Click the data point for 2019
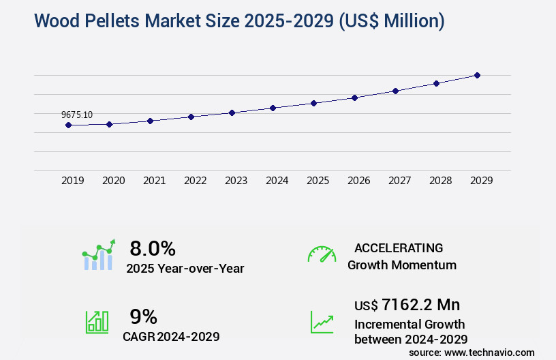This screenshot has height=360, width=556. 68,125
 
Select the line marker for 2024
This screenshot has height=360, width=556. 273,108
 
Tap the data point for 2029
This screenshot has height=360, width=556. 477,75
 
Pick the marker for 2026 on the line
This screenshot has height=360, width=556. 354,97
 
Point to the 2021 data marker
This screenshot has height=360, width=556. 150,121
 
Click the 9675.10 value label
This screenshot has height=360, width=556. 77,115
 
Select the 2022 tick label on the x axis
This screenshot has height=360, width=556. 195,181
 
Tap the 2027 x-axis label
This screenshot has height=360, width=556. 399,181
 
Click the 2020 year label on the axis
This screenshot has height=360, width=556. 113,181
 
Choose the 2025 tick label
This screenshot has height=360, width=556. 318,181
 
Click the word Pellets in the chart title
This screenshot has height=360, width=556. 117,21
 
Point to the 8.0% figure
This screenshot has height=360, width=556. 153,248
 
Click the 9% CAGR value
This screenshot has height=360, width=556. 143,316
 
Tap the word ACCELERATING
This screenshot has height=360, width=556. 399,247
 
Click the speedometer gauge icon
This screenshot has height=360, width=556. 322,254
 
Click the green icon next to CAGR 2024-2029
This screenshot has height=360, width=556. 96,322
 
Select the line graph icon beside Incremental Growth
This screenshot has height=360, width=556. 322,322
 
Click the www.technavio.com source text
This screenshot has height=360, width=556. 490,352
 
